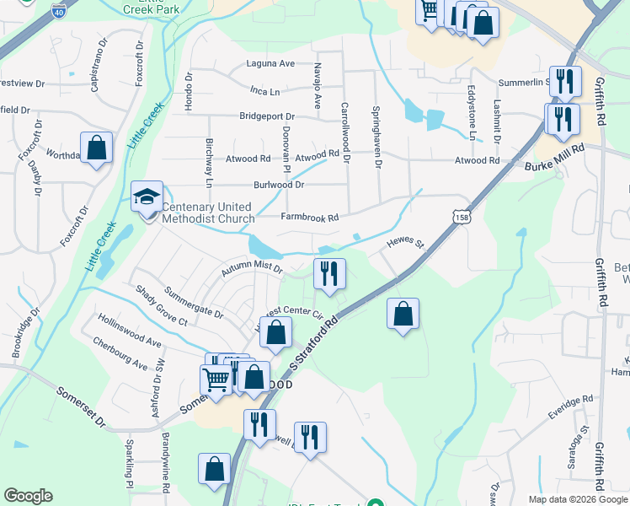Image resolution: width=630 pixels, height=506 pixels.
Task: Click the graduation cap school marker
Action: (x=147, y=197)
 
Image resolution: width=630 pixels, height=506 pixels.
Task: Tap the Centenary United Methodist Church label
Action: (x=207, y=213)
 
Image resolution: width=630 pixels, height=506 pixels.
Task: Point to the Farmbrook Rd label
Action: (x=309, y=218)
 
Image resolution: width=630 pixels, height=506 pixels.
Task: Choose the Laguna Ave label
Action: (x=270, y=63)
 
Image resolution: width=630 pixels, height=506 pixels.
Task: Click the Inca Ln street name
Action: (x=264, y=90)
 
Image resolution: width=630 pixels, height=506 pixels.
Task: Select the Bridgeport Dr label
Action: (x=267, y=116)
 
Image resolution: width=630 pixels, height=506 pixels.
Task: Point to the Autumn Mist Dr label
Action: (x=251, y=268)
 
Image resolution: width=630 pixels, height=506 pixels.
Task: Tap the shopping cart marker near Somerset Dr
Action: (x=216, y=379)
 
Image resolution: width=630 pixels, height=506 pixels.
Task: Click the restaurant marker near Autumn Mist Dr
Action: (x=329, y=273)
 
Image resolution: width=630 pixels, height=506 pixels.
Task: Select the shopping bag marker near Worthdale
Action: (x=97, y=148)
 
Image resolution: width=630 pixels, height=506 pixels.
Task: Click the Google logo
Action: (x=28, y=496)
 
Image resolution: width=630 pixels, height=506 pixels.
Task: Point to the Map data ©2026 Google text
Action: (x=577, y=498)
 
